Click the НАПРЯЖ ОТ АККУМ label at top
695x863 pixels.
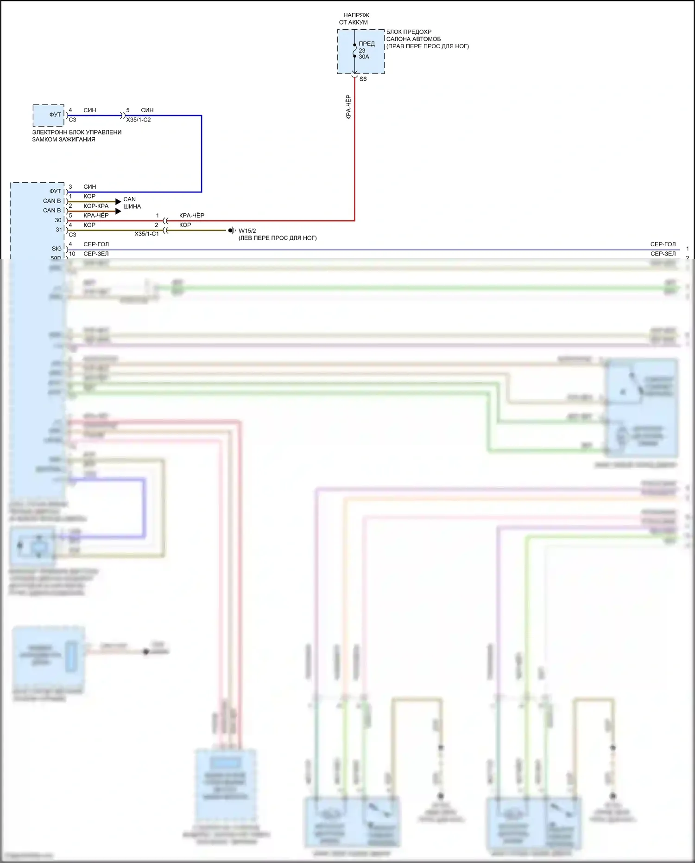[355, 19]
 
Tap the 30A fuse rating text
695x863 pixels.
[364, 57]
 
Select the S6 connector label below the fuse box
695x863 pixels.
[363, 79]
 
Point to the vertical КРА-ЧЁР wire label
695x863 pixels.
[348, 108]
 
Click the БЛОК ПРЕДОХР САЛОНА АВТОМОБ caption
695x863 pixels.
[413, 36]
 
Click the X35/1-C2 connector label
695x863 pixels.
[139, 120]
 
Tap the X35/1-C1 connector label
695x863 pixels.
[146, 234]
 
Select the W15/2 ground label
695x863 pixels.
[247, 231]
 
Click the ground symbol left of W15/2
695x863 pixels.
[231, 231]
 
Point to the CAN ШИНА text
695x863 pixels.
[132, 203]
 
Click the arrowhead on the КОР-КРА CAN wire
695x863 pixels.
[118, 211]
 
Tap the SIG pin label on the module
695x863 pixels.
[57, 249]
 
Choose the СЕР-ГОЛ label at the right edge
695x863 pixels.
[663, 244]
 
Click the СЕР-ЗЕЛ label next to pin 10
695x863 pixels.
[96, 254]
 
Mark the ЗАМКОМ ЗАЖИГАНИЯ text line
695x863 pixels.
[63, 140]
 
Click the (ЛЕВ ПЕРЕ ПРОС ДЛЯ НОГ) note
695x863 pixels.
[278, 238]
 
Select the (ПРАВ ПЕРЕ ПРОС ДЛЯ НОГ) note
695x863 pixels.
[427, 46]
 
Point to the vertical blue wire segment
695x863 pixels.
[202, 153]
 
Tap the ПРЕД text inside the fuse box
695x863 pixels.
[366, 44]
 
